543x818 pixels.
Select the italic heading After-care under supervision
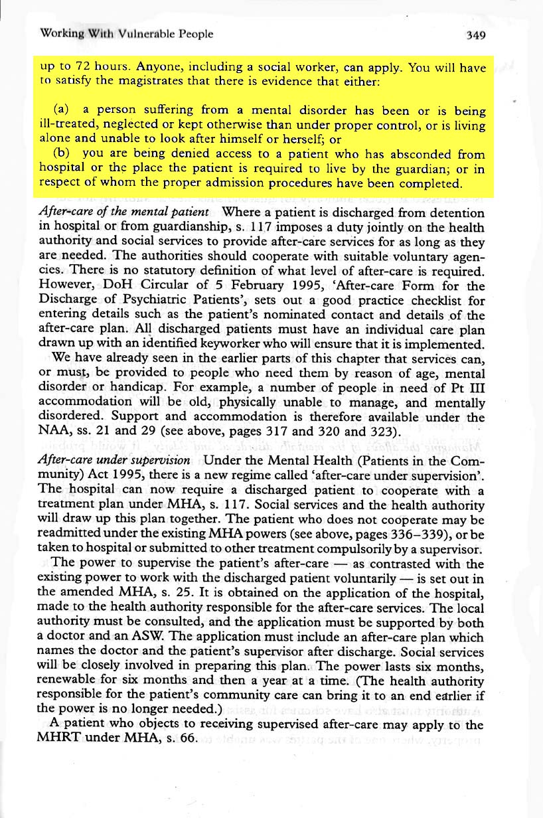point(115,460)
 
